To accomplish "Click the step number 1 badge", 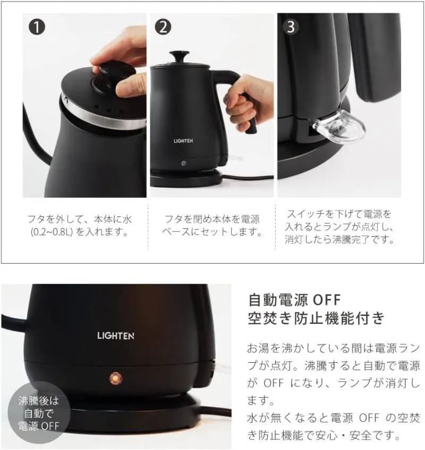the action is click(37, 27).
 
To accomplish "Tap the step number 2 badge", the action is click(163, 27).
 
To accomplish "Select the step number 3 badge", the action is click(291, 27).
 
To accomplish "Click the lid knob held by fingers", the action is click(117, 72).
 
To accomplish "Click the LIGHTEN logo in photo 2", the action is click(183, 141).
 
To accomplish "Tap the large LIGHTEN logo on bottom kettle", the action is click(115, 336).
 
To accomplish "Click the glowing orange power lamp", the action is click(115, 379).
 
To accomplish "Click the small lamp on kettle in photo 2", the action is click(184, 164).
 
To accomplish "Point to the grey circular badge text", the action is click(39, 413).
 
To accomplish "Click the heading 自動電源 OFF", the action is click(295, 299).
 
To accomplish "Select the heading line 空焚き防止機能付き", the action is click(316, 318).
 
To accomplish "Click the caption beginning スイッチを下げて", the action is click(339, 227).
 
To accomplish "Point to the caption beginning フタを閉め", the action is click(212, 226).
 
